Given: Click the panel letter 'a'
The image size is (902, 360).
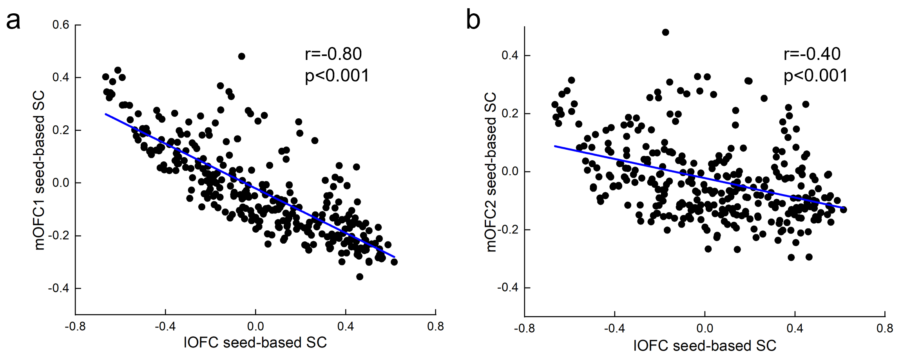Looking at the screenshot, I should [x=13, y=21].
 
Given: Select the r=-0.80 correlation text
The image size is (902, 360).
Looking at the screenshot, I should [x=333, y=54].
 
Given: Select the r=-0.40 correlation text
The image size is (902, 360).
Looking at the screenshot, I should [x=812, y=54].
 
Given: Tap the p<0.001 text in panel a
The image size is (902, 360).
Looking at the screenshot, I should [x=337, y=76].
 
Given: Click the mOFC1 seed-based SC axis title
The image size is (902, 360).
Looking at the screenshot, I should [x=39, y=170].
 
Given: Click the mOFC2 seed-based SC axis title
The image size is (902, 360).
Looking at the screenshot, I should [x=491, y=172].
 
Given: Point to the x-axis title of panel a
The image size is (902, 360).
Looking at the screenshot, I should [x=255, y=343].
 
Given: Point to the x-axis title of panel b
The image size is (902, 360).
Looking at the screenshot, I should [x=705, y=346].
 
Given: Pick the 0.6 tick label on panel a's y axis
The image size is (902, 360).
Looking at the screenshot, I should [x=61, y=25].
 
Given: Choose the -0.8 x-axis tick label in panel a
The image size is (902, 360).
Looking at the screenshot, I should [x=75, y=326].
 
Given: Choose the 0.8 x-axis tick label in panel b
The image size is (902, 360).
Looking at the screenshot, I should [x=885, y=328].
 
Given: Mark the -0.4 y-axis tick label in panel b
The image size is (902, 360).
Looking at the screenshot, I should [x=507, y=288].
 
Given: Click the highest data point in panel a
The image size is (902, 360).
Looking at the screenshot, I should [x=241, y=56].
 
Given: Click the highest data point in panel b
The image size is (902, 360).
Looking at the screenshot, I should [x=665, y=32].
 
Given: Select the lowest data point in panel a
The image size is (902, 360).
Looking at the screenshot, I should [x=359, y=277].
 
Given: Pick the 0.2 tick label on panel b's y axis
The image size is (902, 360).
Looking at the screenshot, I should [x=510, y=113].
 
